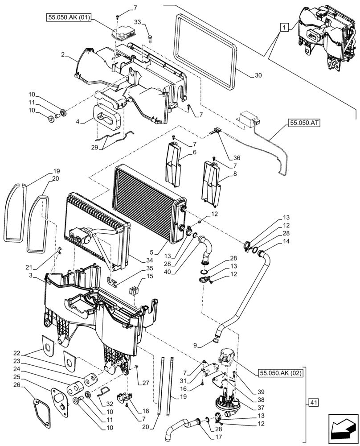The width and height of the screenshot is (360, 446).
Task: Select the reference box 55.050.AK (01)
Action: tap(69, 18)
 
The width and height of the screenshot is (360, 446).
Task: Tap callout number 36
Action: tap(236, 157)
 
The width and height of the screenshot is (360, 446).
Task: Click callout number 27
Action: tap(145, 383)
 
